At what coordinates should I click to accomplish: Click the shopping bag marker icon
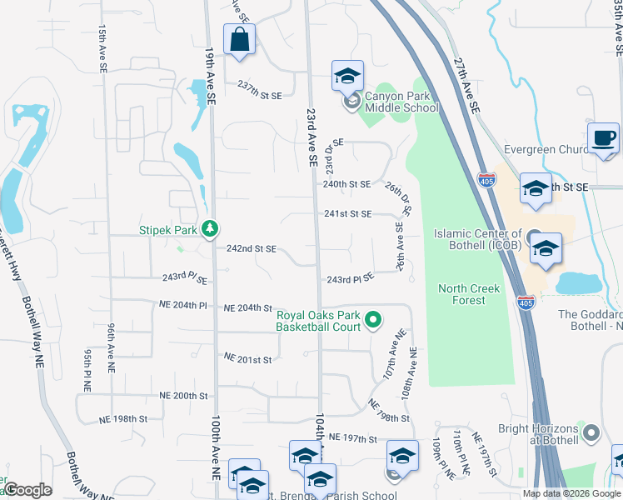(239, 39)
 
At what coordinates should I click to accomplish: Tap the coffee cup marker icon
(604, 138)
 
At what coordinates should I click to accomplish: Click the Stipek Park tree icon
(212, 227)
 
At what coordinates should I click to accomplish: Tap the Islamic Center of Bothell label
(477, 239)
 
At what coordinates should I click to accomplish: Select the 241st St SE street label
(347, 213)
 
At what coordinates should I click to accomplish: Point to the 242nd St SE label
(252, 249)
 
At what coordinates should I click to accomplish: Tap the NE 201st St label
(248, 358)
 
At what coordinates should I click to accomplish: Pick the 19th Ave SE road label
(211, 76)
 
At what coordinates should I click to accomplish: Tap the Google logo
(27, 490)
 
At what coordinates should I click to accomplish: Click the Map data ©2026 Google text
(571, 493)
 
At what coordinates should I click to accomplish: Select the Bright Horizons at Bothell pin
(591, 432)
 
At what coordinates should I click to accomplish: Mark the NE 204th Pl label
(184, 306)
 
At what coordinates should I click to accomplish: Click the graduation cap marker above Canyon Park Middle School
(347, 77)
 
